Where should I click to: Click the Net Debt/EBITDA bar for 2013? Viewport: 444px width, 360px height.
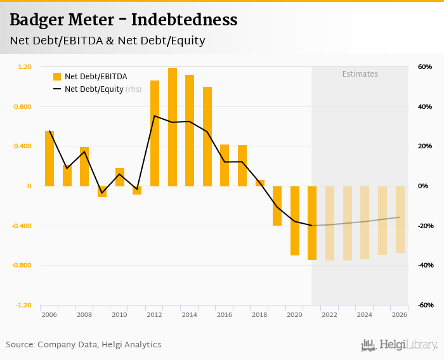(173, 127)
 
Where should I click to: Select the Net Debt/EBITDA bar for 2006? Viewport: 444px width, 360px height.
(49, 158)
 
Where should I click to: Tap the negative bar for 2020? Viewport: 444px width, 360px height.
(295, 221)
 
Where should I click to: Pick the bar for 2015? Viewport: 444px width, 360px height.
(207, 136)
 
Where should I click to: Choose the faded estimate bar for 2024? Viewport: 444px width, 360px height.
(365, 222)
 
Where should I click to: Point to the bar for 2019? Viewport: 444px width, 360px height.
(277, 206)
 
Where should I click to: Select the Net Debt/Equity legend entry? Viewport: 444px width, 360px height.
(94, 89)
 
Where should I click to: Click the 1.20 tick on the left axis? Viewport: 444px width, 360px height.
(25, 67)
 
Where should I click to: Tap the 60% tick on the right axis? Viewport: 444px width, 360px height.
(424, 67)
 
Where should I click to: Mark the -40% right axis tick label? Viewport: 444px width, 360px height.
(424, 265)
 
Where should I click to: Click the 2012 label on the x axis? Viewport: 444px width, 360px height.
(154, 314)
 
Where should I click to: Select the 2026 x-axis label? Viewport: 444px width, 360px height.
(400, 314)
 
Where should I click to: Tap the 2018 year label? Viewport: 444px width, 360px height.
(259, 314)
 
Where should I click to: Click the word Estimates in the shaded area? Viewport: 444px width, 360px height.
(360, 74)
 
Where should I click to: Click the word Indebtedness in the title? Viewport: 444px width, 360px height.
(185, 20)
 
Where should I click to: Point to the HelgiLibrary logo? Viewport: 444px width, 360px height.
(399, 345)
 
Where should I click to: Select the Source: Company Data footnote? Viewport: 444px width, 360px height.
(84, 345)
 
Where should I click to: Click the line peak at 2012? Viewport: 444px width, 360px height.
(155, 116)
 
